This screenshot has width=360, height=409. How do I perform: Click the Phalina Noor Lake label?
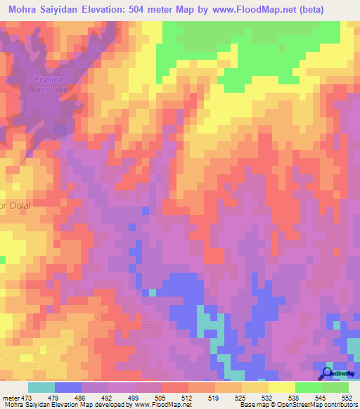pos(50,84)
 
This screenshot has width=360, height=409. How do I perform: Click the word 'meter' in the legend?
pos(10,397)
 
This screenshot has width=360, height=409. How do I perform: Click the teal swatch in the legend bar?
pos(41,387)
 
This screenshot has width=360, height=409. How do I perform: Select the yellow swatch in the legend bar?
pos(282,387)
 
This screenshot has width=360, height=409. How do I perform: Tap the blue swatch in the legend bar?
pos(68,387)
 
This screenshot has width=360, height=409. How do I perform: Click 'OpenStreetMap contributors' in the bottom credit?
pos(320,405)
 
